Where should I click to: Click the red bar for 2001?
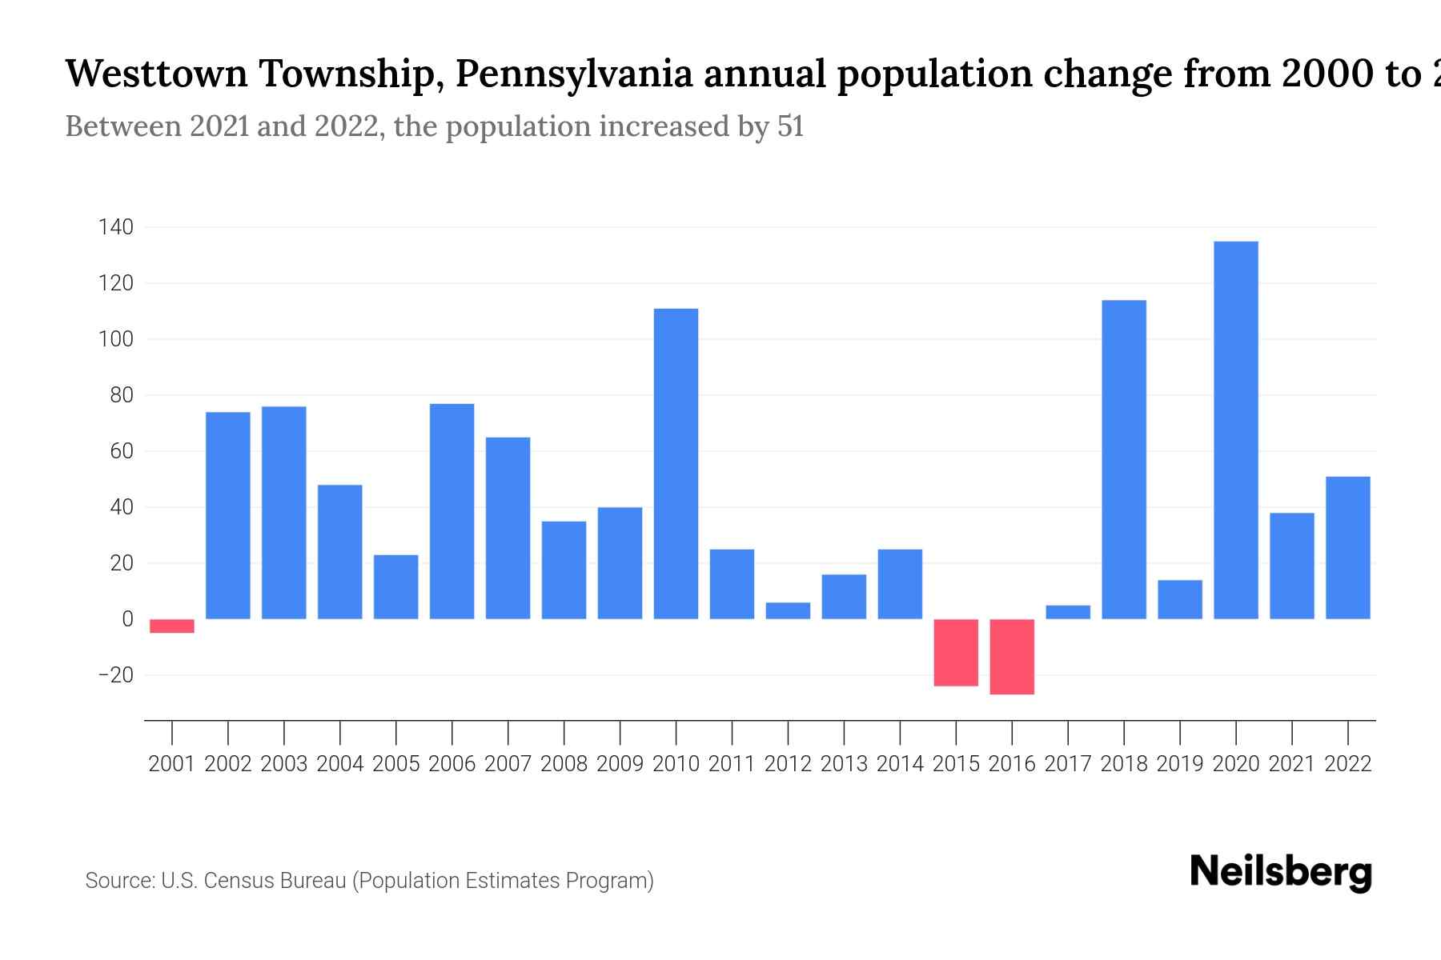(172, 626)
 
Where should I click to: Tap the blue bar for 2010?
(676, 464)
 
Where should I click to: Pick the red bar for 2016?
(1012, 656)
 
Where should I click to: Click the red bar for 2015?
(956, 652)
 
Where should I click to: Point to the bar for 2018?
(1124, 460)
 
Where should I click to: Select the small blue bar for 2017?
(1068, 612)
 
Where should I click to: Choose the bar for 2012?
(788, 610)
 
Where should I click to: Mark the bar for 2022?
(1348, 548)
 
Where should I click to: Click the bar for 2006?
(452, 512)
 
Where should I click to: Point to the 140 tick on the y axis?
(115, 228)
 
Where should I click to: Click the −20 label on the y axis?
(115, 675)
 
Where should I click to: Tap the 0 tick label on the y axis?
(127, 619)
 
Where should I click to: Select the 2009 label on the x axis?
(620, 764)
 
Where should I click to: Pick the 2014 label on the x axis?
(900, 764)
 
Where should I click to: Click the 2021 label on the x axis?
(1292, 764)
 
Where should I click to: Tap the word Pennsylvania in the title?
(573, 74)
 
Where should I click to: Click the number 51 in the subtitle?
(790, 127)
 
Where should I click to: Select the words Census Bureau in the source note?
(276, 881)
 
